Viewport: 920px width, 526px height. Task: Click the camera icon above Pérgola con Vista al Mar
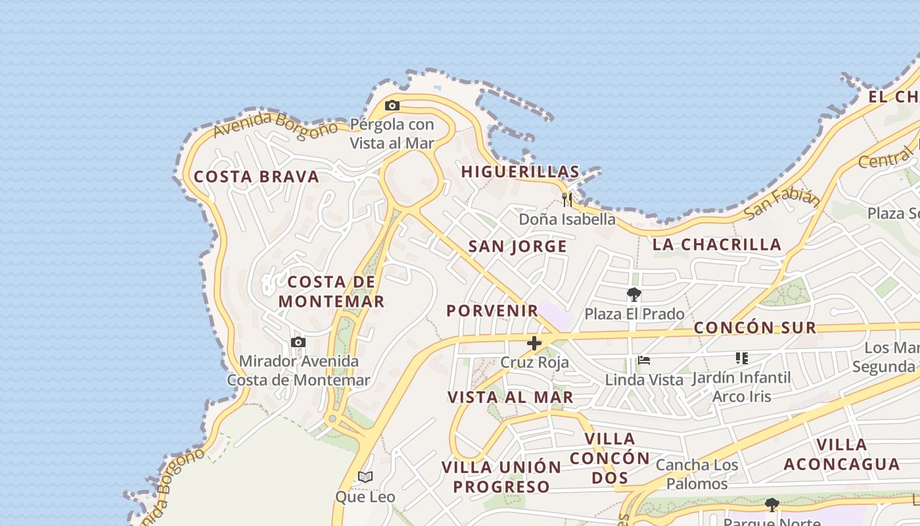[392, 106]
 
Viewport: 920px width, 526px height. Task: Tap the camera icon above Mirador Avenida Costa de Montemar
[298, 342]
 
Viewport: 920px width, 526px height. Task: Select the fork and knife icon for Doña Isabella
[567, 200]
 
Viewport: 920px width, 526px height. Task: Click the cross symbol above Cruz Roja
[534, 343]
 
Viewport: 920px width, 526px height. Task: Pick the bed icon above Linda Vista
[644, 360]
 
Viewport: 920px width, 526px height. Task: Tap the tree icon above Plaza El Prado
[634, 294]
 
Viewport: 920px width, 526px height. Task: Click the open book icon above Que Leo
[365, 477]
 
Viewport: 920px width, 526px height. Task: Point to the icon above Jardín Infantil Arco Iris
[742, 358]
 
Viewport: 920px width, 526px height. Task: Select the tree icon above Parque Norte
[772, 505]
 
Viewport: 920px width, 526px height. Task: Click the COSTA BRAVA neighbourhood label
[256, 176]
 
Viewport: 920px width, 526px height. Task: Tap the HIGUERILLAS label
[520, 172]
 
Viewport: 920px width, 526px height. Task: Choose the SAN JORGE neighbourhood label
[517, 247]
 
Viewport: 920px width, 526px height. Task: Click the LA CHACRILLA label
[716, 245]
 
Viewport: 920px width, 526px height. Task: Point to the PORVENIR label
[492, 310]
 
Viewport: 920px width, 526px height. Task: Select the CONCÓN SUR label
[755, 327]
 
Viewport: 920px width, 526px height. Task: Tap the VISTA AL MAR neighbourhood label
[511, 397]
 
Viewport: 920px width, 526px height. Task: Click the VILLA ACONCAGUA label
[841, 454]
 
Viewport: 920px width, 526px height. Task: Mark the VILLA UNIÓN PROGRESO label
[501, 477]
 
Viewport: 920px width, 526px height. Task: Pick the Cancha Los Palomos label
[697, 475]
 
